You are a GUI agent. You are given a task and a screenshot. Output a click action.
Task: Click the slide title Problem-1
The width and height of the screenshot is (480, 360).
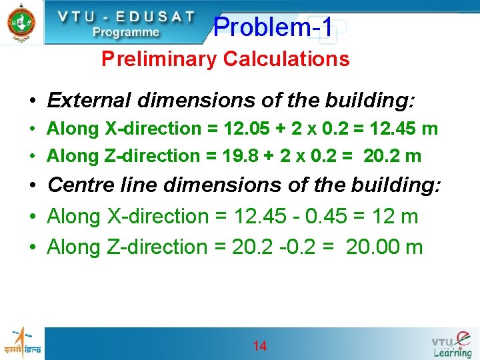coord(273,27)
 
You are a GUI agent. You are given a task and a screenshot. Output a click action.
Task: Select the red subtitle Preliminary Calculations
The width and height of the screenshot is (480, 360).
coord(225,59)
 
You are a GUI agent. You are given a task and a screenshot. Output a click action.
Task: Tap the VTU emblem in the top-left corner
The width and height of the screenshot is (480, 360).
coord(21,21)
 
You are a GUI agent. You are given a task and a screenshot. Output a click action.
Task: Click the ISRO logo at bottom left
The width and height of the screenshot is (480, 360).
coord(21,343)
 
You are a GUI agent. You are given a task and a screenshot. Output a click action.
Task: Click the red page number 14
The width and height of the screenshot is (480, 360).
coord(260,346)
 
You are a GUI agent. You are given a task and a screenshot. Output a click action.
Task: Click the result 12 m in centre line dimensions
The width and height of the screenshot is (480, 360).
coord(400,217)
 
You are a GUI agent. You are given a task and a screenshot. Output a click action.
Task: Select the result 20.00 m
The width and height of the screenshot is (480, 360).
coord(384,247)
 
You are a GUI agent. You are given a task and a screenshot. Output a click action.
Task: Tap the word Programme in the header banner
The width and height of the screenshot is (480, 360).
coord(126,31)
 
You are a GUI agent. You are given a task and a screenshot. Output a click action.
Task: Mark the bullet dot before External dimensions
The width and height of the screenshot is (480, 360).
coord(32,101)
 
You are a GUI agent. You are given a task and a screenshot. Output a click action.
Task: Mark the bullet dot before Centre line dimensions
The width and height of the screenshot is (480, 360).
coord(32,185)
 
